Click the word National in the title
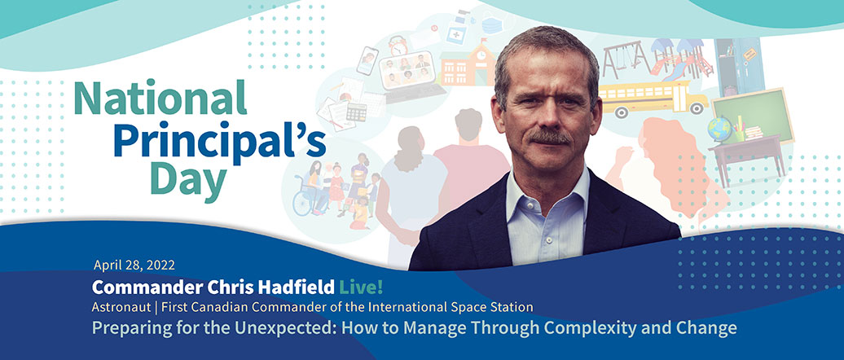[x=160, y=98]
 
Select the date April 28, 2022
[x=134, y=265]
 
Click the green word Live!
[x=361, y=288]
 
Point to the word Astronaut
[x=114, y=307]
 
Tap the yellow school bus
[x=653, y=99]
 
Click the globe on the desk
[x=719, y=130]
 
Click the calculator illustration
[x=356, y=112]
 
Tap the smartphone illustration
[x=367, y=61]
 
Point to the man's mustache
[x=548, y=137]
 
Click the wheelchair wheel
[x=303, y=203]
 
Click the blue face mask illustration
[x=492, y=25]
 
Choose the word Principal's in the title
[x=220, y=141]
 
